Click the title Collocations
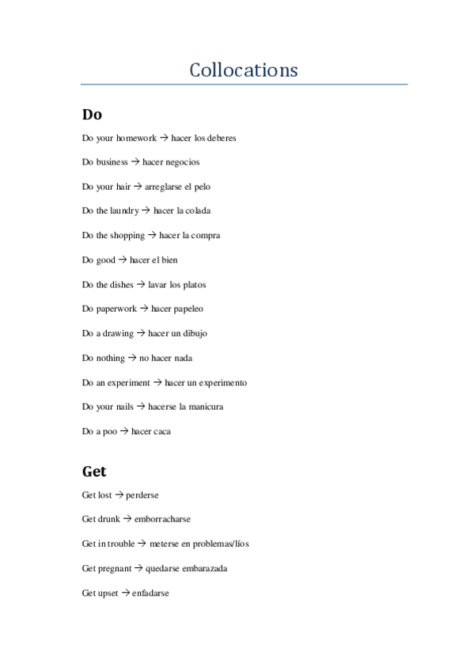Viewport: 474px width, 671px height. point(244,70)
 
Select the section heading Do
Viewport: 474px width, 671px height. point(92,114)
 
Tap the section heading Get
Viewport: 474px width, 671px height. point(94,472)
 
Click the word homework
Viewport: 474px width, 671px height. point(136,138)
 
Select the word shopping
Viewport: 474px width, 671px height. point(128,236)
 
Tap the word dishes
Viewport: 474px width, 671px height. point(121,285)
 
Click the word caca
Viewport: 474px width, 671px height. point(162,432)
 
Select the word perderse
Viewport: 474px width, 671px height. point(142,495)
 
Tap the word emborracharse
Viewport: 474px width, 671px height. point(162,520)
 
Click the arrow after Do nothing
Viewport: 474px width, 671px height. point(132,358)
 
